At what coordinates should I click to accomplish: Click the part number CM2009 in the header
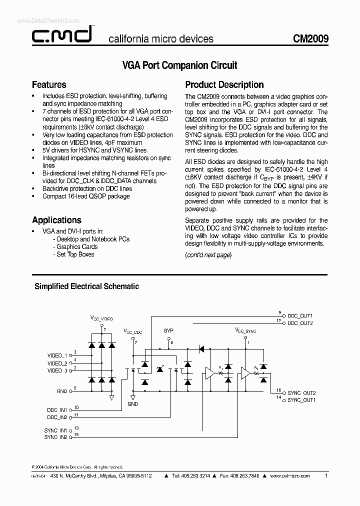tap(311, 38)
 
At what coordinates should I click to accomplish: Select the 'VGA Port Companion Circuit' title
tap(179, 65)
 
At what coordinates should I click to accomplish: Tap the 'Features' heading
tap(49, 84)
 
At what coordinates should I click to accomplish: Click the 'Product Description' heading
tap(224, 84)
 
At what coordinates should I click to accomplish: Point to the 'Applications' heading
tap(56, 220)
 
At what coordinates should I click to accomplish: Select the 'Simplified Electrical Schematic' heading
tap(86, 286)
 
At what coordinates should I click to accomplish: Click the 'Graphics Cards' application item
tap(77, 246)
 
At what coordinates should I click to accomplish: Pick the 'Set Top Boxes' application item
tap(75, 254)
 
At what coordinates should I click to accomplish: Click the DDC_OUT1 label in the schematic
tap(300, 316)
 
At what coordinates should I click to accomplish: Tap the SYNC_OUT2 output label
tap(302, 393)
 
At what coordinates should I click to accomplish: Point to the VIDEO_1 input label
tap(57, 355)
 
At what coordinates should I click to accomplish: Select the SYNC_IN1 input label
tap(55, 430)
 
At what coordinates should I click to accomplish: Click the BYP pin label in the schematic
tap(168, 331)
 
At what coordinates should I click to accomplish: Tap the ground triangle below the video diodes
tap(111, 397)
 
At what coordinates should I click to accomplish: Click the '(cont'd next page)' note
tap(208, 254)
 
